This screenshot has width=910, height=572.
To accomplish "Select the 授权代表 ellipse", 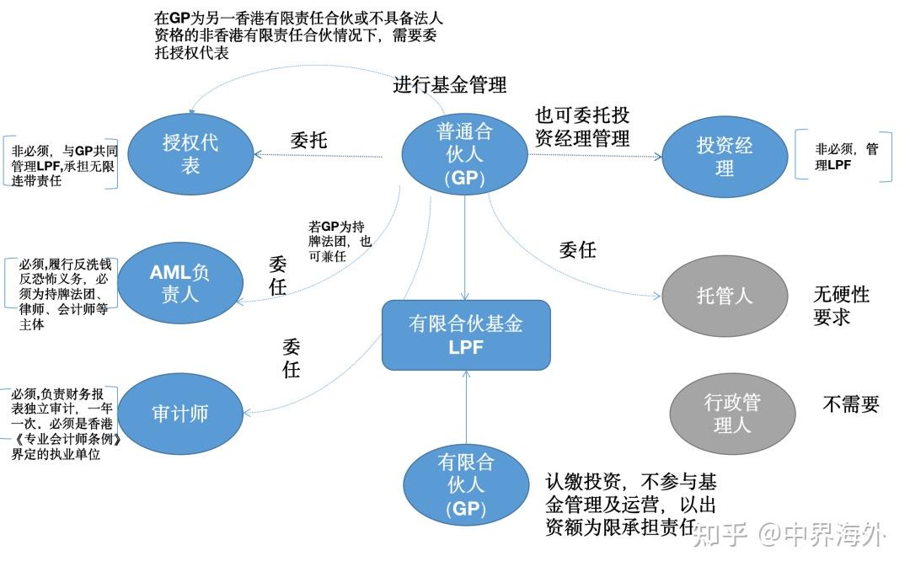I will click(x=190, y=153).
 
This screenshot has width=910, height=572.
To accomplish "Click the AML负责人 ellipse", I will click(x=179, y=283).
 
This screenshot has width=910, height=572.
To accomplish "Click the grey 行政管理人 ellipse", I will click(x=731, y=414).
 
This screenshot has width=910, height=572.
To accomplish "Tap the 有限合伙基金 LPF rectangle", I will click(x=466, y=334).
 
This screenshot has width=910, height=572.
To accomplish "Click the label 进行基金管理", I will click(x=450, y=84).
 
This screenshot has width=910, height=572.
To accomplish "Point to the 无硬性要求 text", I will click(x=840, y=306).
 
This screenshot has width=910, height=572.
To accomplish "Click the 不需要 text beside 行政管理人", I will click(x=850, y=404).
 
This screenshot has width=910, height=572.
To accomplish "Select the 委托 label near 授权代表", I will click(x=308, y=140).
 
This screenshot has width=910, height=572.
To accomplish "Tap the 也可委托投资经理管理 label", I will click(x=582, y=127).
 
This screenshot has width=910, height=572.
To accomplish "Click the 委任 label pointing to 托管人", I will click(x=578, y=250).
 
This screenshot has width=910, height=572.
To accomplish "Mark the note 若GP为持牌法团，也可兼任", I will click(x=340, y=241).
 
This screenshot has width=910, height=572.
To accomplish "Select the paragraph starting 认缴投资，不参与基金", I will click(x=630, y=505).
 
